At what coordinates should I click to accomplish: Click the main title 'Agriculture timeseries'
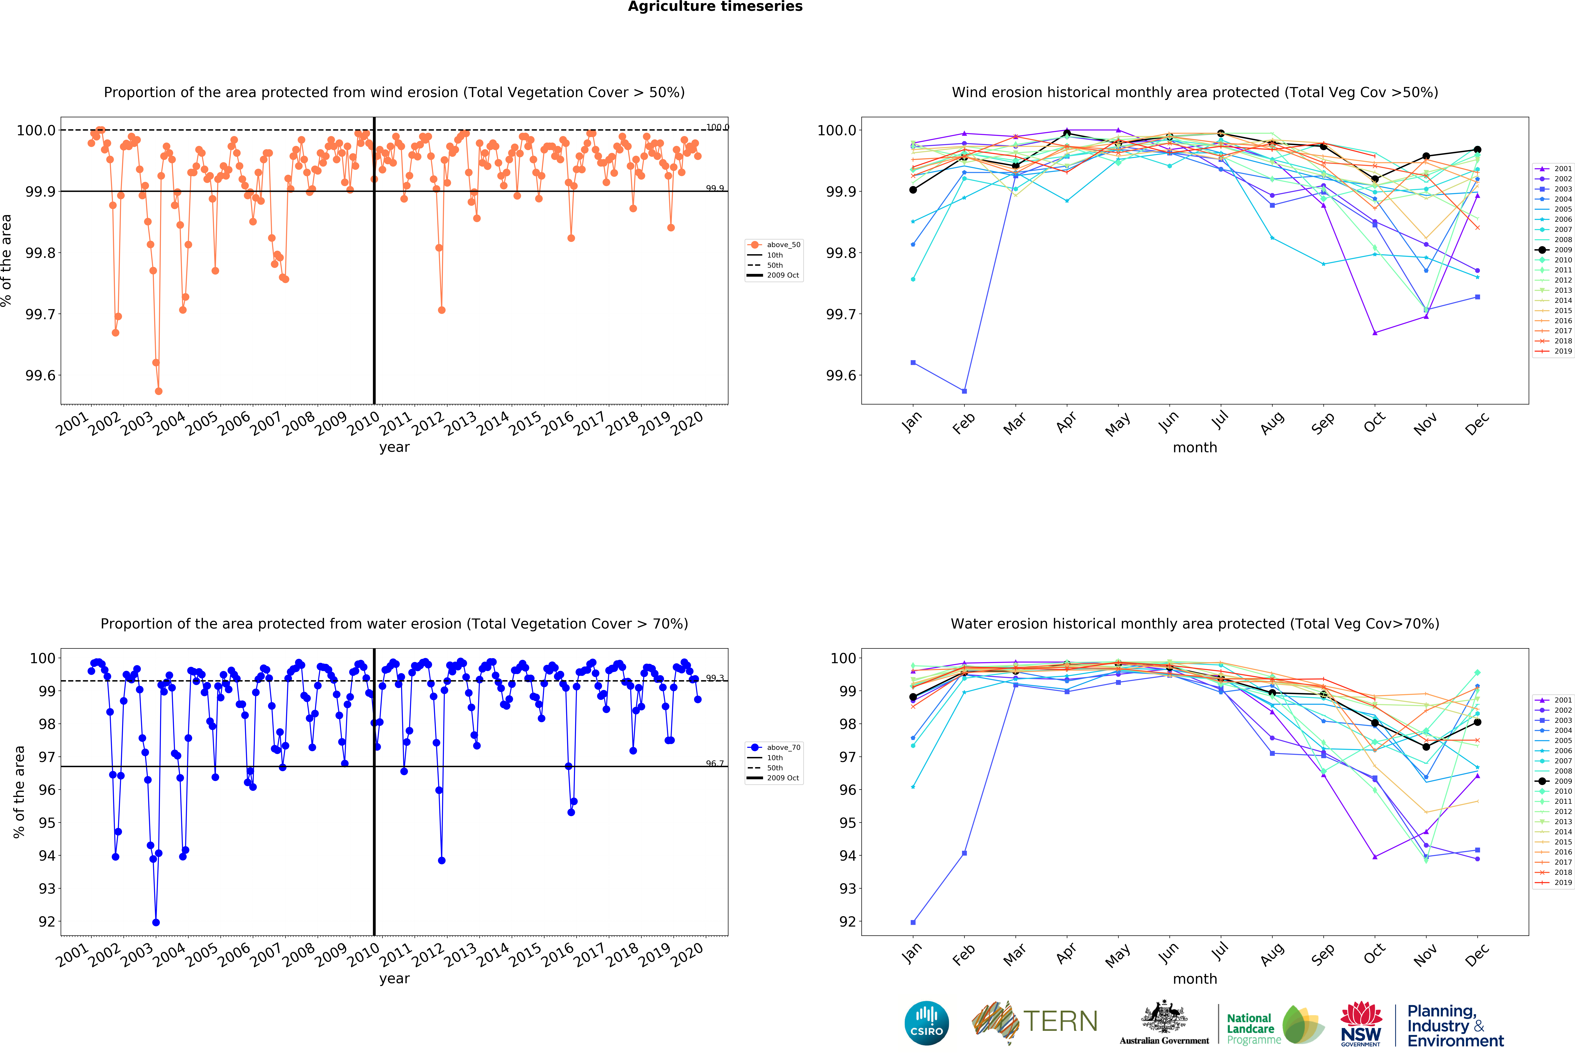point(715,7)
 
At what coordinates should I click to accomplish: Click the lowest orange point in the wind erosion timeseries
point(159,391)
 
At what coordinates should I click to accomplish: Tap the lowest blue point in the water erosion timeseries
point(156,922)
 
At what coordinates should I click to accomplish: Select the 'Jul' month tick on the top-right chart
point(1220,421)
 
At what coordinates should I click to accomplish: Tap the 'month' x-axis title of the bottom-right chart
point(1195,979)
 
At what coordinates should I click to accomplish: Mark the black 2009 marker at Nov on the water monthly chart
point(1426,747)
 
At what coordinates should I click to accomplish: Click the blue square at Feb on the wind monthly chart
point(964,391)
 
